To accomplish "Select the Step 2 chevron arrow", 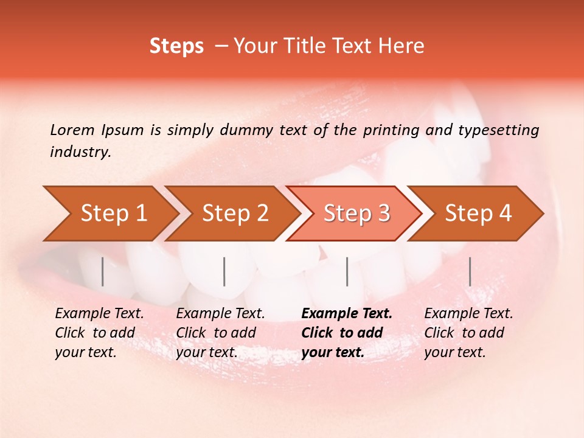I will (x=235, y=214).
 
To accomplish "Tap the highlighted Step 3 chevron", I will (x=356, y=214).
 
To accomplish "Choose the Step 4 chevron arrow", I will (x=478, y=214).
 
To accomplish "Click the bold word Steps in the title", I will (x=176, y=46).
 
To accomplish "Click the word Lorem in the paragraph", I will (x=72, y=130).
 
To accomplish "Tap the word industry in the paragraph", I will (x=80, y=152).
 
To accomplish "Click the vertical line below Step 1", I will (x=102, y=271).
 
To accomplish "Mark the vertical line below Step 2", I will (x=224, y=271).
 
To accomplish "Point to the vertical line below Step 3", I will (x=347, y=271).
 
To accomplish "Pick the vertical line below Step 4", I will (x=470, y=271).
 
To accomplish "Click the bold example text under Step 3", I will (x=346, y=333).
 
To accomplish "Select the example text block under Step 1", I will (x=99, y=333).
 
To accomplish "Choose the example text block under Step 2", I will (x=220, y=333).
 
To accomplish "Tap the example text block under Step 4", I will (x=468, y=333).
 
